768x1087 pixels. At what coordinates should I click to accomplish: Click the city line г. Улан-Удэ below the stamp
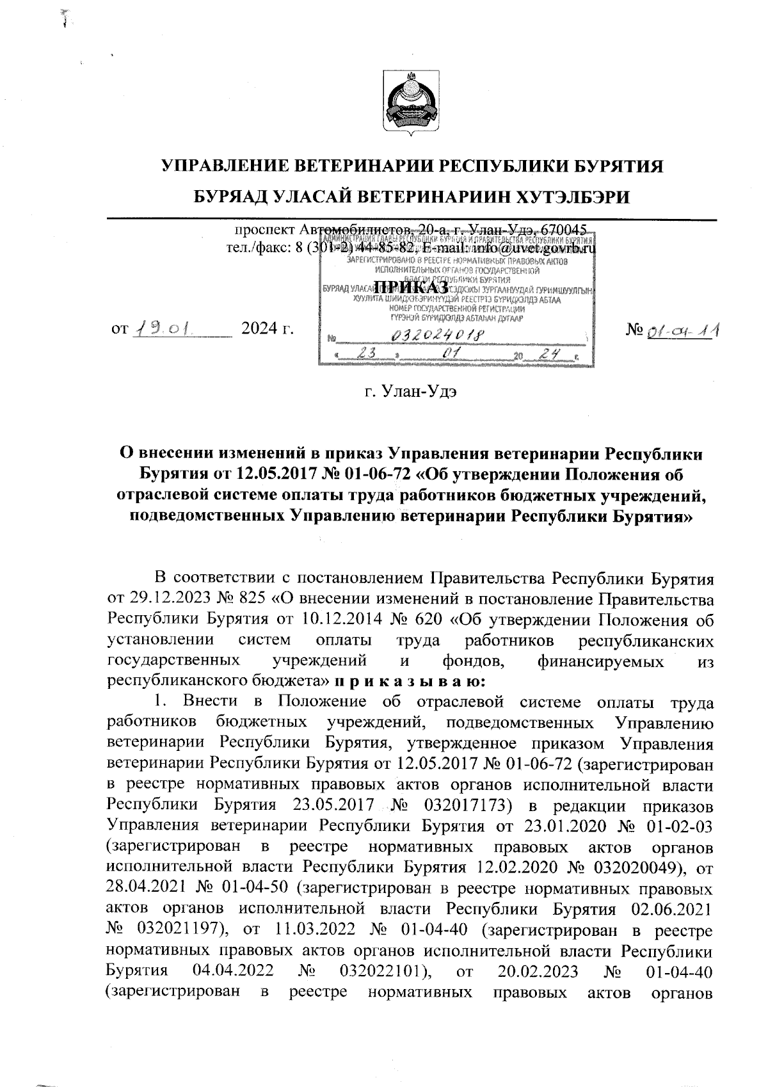tap(410, 391)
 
